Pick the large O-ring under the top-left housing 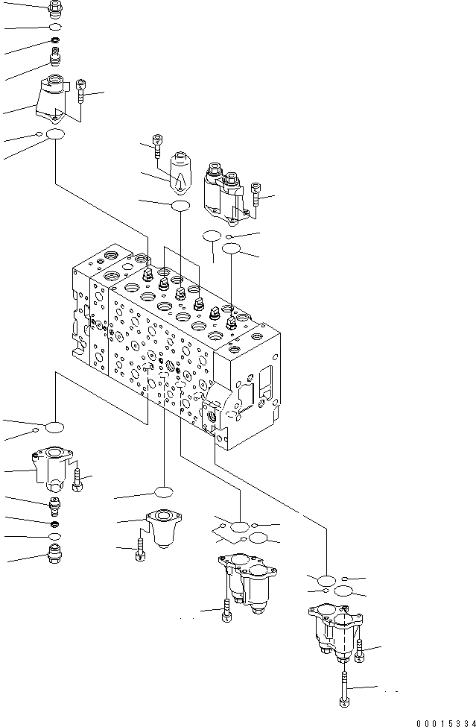click(x=54, y=135)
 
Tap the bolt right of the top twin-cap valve click(x=256, y=196)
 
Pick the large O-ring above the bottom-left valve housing click(x=54, y=427)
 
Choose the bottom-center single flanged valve click(x=161, y=527)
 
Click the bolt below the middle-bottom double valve click(x=225, y=612)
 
